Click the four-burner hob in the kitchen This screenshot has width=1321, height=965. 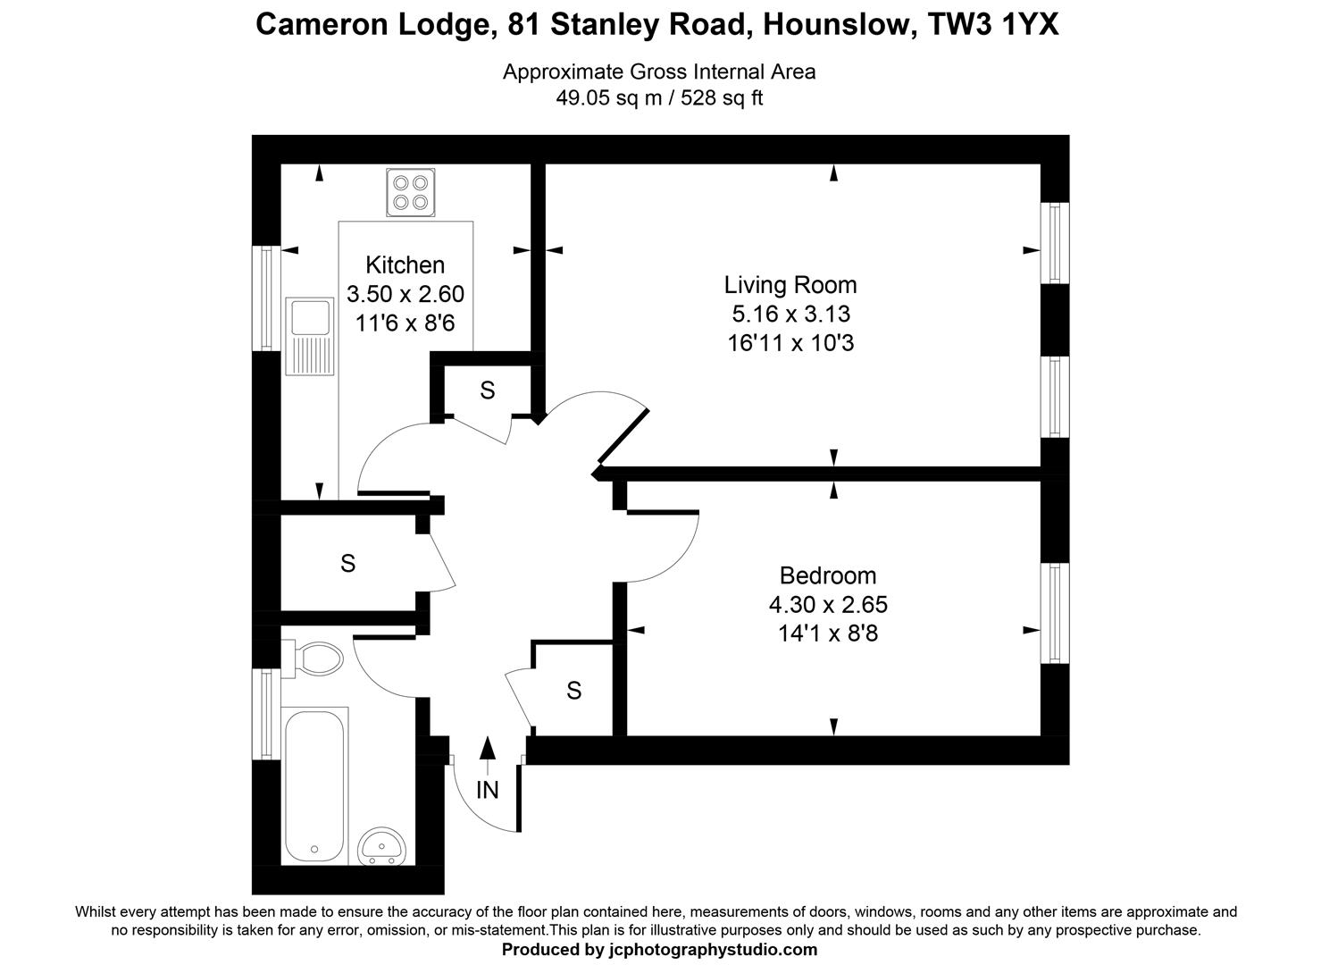[x=411, y=192]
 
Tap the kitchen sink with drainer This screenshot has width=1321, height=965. [x=310, y=336]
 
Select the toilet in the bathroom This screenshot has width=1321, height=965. [x=312, y=659]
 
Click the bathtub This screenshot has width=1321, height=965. [x=314, y=786]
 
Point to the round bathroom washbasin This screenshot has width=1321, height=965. [x=381, y=845]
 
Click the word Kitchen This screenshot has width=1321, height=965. [x=405, y=265]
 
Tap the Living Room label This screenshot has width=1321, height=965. [x=790, y=285]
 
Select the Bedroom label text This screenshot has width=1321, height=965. [x=827, y=575]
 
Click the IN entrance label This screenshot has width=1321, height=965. [x=487, y=790]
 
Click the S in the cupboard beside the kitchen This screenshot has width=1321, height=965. [x=487, y=390]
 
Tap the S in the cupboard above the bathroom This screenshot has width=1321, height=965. [x=348, y=563]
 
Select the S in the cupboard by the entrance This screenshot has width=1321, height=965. [x=573, y=690]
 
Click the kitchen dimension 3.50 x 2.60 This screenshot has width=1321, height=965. [x=405, y=294]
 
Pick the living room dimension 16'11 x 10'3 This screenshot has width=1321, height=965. [x=790, y=343]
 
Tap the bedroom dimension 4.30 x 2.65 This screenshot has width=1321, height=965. [x=827, y=604]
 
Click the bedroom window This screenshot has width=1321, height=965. [x=1055, y=613]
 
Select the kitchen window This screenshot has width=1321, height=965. [x=266, y=298]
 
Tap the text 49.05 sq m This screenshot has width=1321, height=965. [x=608, y=98]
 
